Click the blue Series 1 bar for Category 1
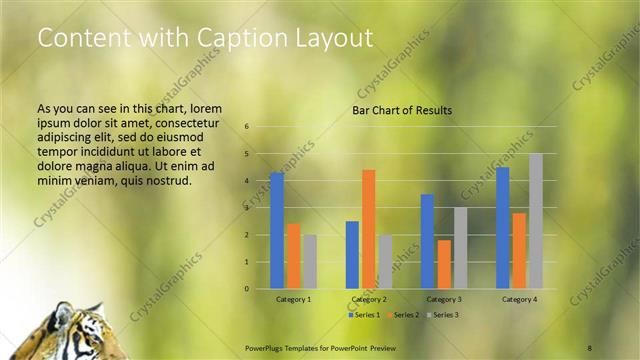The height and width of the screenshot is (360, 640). [x=276, y=231]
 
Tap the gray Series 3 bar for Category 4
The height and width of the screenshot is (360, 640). [x=535, y=221]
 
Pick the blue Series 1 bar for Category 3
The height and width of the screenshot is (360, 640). [x=427, y=241]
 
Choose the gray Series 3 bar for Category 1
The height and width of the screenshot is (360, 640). [x=309, y=262]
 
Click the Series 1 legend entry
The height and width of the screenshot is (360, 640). [x=365, y=314]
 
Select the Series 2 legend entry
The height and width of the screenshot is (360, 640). [x=402, y=314]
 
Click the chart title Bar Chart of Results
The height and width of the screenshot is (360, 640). [x=402, y=110]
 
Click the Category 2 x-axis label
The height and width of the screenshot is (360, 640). [x=369, y=299]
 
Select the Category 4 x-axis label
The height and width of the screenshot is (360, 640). [x=520, y=299]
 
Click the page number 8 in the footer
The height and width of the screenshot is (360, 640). [x=590, y=346]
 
